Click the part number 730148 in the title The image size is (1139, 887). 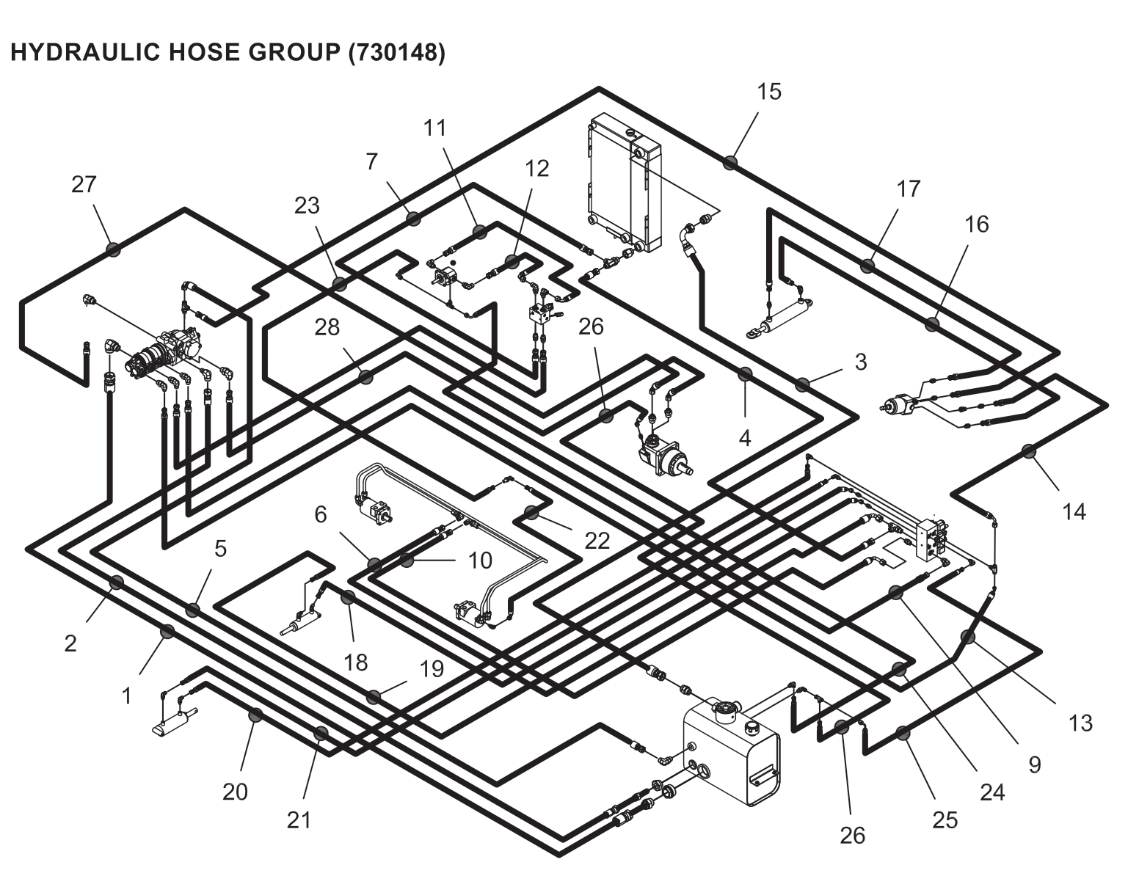(396, 53)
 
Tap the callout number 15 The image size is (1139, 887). (769, 92)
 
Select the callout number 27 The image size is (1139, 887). (84, 183)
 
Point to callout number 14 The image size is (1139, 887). (1074, 511)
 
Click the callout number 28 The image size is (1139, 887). (327, 327)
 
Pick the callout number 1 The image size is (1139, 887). (126, 695)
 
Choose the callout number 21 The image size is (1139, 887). (299, 820)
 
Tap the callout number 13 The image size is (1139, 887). (1080, 723)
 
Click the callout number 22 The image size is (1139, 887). (597, 540)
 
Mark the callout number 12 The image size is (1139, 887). (537, 169)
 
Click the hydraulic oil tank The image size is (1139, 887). (730, 752)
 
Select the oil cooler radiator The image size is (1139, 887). (624, 183)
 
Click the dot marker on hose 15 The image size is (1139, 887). (729, 162)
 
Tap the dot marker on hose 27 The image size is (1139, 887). (113, 249)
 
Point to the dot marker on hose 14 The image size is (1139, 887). (1029, 451)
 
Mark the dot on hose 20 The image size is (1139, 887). (255, 715)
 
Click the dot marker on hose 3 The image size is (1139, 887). (802, 384)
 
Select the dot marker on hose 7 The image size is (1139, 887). (413, 218)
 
